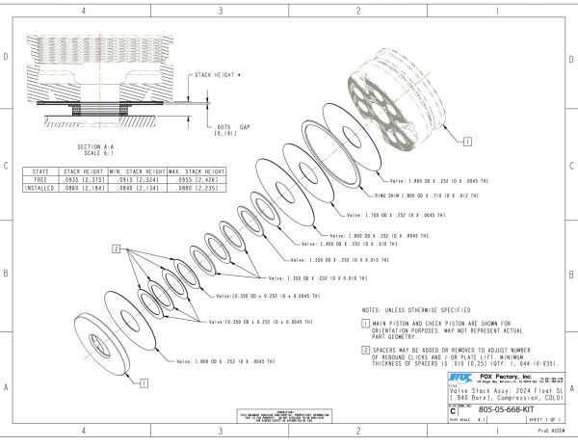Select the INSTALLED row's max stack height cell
pos(176,187)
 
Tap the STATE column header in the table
pos(41,170)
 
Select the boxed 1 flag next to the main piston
pos(467,140)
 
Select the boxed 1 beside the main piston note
pos(366,324)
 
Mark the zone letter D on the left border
pos(7,58)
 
